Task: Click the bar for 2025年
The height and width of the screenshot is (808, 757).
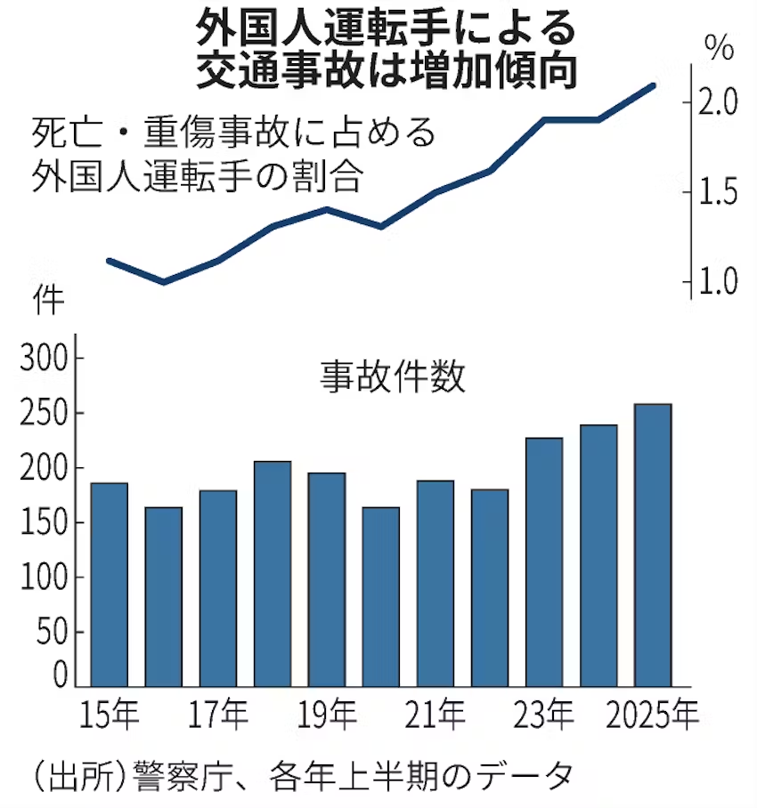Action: (x=653, y=545)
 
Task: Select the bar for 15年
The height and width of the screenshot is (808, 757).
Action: (x=110, y=584)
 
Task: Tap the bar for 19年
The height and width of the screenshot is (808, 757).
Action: (x=327, y=579)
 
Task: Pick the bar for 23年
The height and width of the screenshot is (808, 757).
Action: (x=544, y=562)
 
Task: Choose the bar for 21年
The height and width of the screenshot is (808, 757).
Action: (x=435, y=583)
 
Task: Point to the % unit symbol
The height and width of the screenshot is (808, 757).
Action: (x=717, y=47)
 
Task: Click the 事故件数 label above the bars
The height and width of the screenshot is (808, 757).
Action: (x=393, y=377)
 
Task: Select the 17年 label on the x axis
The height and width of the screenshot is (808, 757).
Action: (x=219, y=715)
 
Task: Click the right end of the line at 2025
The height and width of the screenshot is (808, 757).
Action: (x=654, y=85)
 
